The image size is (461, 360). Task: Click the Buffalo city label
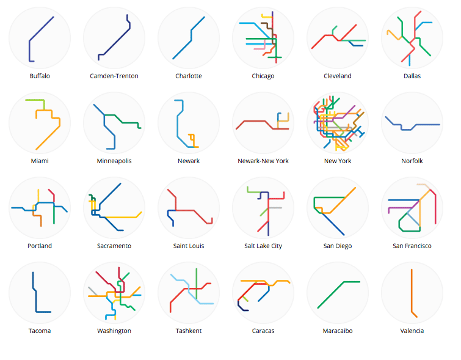click(40, 76)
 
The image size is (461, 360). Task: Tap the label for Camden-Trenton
click(114, 76)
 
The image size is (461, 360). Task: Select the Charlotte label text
click(189, 76)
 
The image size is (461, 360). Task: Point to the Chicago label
click(263, 76)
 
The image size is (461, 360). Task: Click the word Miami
click(40, 161)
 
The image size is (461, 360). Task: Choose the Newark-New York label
click(263, 161)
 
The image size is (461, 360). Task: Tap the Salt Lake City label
click(263, 246)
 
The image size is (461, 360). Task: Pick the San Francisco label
click(412, 246)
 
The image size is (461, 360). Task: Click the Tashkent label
click(189, 331)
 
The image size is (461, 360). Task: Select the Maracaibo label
click(338, 331)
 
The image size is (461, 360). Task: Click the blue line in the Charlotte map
click(183, 49)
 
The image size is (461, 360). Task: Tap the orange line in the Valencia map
click(412, 293)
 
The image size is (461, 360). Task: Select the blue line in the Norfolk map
click(427, 125)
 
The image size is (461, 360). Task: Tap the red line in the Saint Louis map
click(195, 210)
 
